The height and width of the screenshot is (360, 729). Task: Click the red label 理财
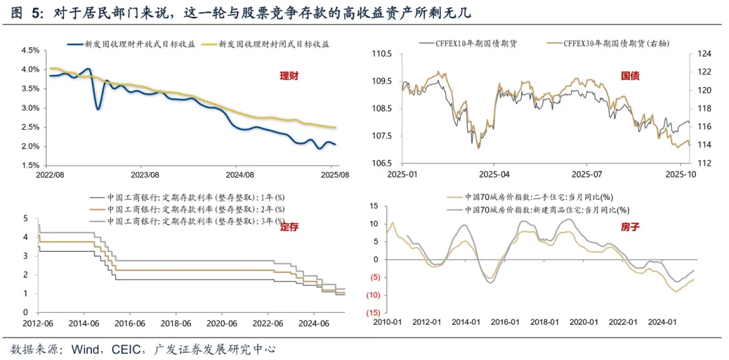289,76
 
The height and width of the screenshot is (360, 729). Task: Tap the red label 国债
630,76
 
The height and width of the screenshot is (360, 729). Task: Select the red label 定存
289,227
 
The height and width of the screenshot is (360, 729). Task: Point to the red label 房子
630,227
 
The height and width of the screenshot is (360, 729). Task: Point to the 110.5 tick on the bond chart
381,53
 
